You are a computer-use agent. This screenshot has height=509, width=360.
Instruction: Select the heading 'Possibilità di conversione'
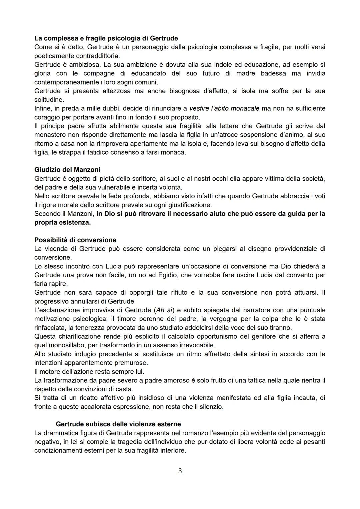click(x=75, y=240)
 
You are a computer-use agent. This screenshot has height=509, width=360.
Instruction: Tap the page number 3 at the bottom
click(x=180, y=471)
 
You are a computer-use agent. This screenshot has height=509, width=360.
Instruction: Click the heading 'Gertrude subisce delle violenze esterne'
click(x=118, y=424)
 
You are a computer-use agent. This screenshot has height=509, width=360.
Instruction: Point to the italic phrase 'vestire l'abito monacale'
click(x=224, y=108)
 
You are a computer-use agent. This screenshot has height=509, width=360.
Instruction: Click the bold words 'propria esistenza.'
click(x=62, y=222)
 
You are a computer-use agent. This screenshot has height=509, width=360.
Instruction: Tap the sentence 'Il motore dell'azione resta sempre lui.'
click(x=89, y=371)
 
